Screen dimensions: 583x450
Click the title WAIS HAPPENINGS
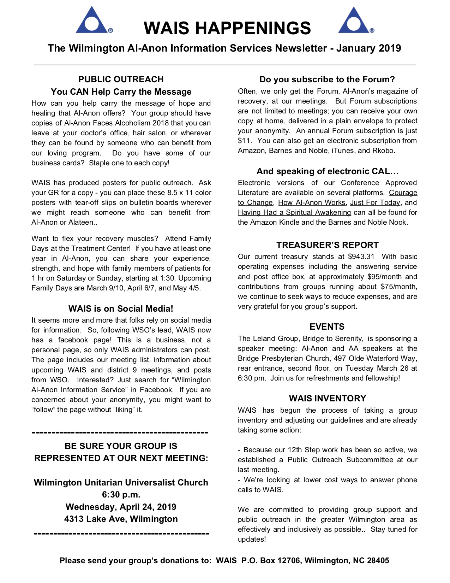click(227, 28)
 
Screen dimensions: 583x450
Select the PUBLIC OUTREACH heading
click(121, 79)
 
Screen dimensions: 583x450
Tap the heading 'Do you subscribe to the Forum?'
click(327, 79)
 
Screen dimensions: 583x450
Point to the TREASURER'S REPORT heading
click(327, 245)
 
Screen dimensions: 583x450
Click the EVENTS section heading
click(327, 327)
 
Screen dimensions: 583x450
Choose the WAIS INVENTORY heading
click(328, 399)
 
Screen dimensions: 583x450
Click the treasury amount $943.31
click(361, 257)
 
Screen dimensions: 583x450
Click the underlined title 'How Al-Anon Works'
click(312, 203)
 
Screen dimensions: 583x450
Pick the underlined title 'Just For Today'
click(375, 203)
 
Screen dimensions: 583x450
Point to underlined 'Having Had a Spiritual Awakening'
click(294, 213)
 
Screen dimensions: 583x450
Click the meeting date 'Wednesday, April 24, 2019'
click(121, 507)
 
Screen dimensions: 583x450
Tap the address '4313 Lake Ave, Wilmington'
click(121, 519)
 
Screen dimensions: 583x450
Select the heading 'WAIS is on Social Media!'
click(121, 309)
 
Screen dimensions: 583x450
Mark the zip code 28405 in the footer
click(378, 561)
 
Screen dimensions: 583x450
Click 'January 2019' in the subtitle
click(368, 48)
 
